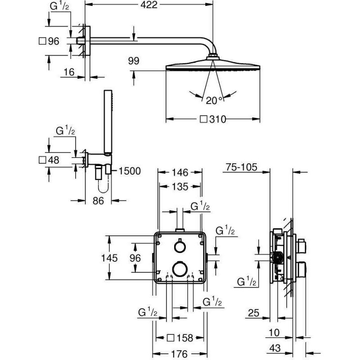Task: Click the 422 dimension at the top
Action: [148, 5]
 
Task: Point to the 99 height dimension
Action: [134, 61]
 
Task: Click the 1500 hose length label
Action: [129, 171]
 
